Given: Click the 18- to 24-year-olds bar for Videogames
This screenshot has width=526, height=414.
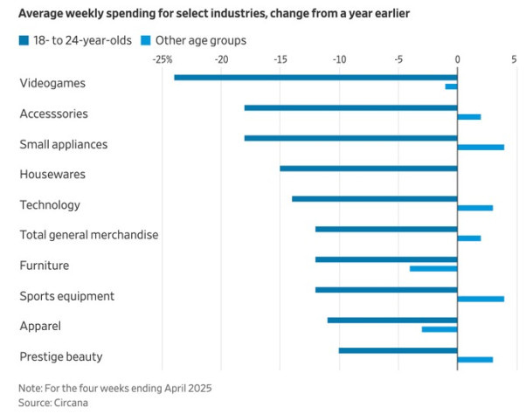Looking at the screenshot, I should point(315,78).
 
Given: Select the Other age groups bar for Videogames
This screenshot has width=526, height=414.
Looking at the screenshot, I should point(451,86).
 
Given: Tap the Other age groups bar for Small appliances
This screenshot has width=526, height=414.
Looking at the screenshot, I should point(481,147).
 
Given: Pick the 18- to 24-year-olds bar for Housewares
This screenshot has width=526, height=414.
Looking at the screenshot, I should point(368,169).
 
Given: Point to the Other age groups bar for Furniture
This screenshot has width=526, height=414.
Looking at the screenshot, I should point(433,268).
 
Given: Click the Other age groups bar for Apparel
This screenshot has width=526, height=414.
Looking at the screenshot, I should point(439,329).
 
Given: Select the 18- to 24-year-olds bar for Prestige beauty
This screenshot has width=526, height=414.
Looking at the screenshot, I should point(398,350).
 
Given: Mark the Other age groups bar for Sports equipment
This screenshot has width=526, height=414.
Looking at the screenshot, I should point(481,299).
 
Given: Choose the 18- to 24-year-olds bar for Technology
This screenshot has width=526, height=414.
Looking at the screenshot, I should point(374,199).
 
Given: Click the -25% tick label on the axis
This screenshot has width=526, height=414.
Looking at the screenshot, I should point(162,59).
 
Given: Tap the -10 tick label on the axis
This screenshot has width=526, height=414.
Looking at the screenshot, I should point(338,59).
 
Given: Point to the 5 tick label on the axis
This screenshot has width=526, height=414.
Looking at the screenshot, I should point(515,59).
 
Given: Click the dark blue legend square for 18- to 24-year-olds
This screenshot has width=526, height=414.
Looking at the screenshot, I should point(24,40).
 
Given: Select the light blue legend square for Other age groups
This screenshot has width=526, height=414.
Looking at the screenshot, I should point(146,40).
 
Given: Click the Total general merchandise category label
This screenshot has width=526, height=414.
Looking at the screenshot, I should point(88,235).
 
